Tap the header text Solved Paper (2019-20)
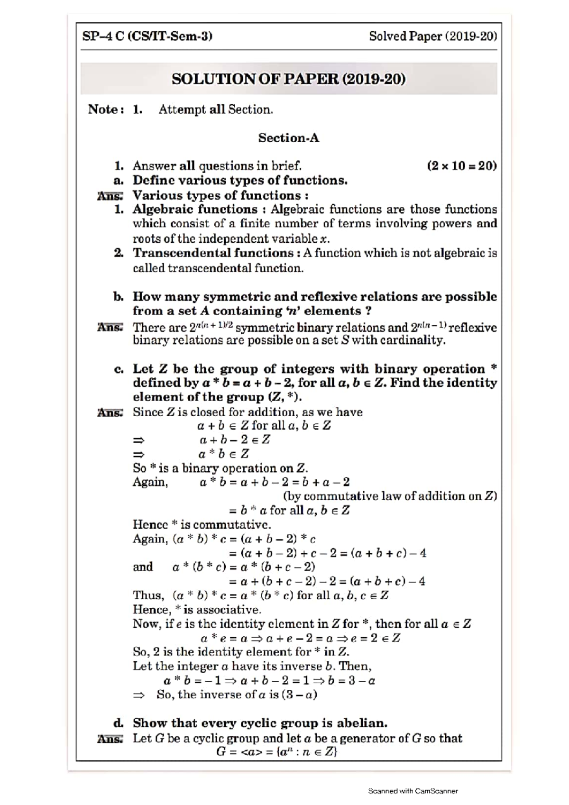pyautogui.click(x=433, y=36)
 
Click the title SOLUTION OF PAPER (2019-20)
pyautogui.click(x=288, y=79)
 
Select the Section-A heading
pyautogui.click(x=288, y=138)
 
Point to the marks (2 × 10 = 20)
pyautogui.click(x=461, y=166)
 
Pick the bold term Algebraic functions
pyautogui.click(x=194, y=209)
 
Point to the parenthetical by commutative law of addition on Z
pyautogui.click(x=390, y=496)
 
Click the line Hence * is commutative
pyautogui.click(x=202, y=525)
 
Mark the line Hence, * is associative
pyautogui.click(x=197, y=610)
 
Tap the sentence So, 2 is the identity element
pyautogui.click(x=240, y=652)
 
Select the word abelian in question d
pyautogui.click(x=362, y=723)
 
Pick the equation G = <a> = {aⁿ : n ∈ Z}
pyautogui.click(x=276, y=752)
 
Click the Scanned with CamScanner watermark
pyautogui.click(x=413, y=791)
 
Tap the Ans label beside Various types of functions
pyautogui.click(x=110, y=195)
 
